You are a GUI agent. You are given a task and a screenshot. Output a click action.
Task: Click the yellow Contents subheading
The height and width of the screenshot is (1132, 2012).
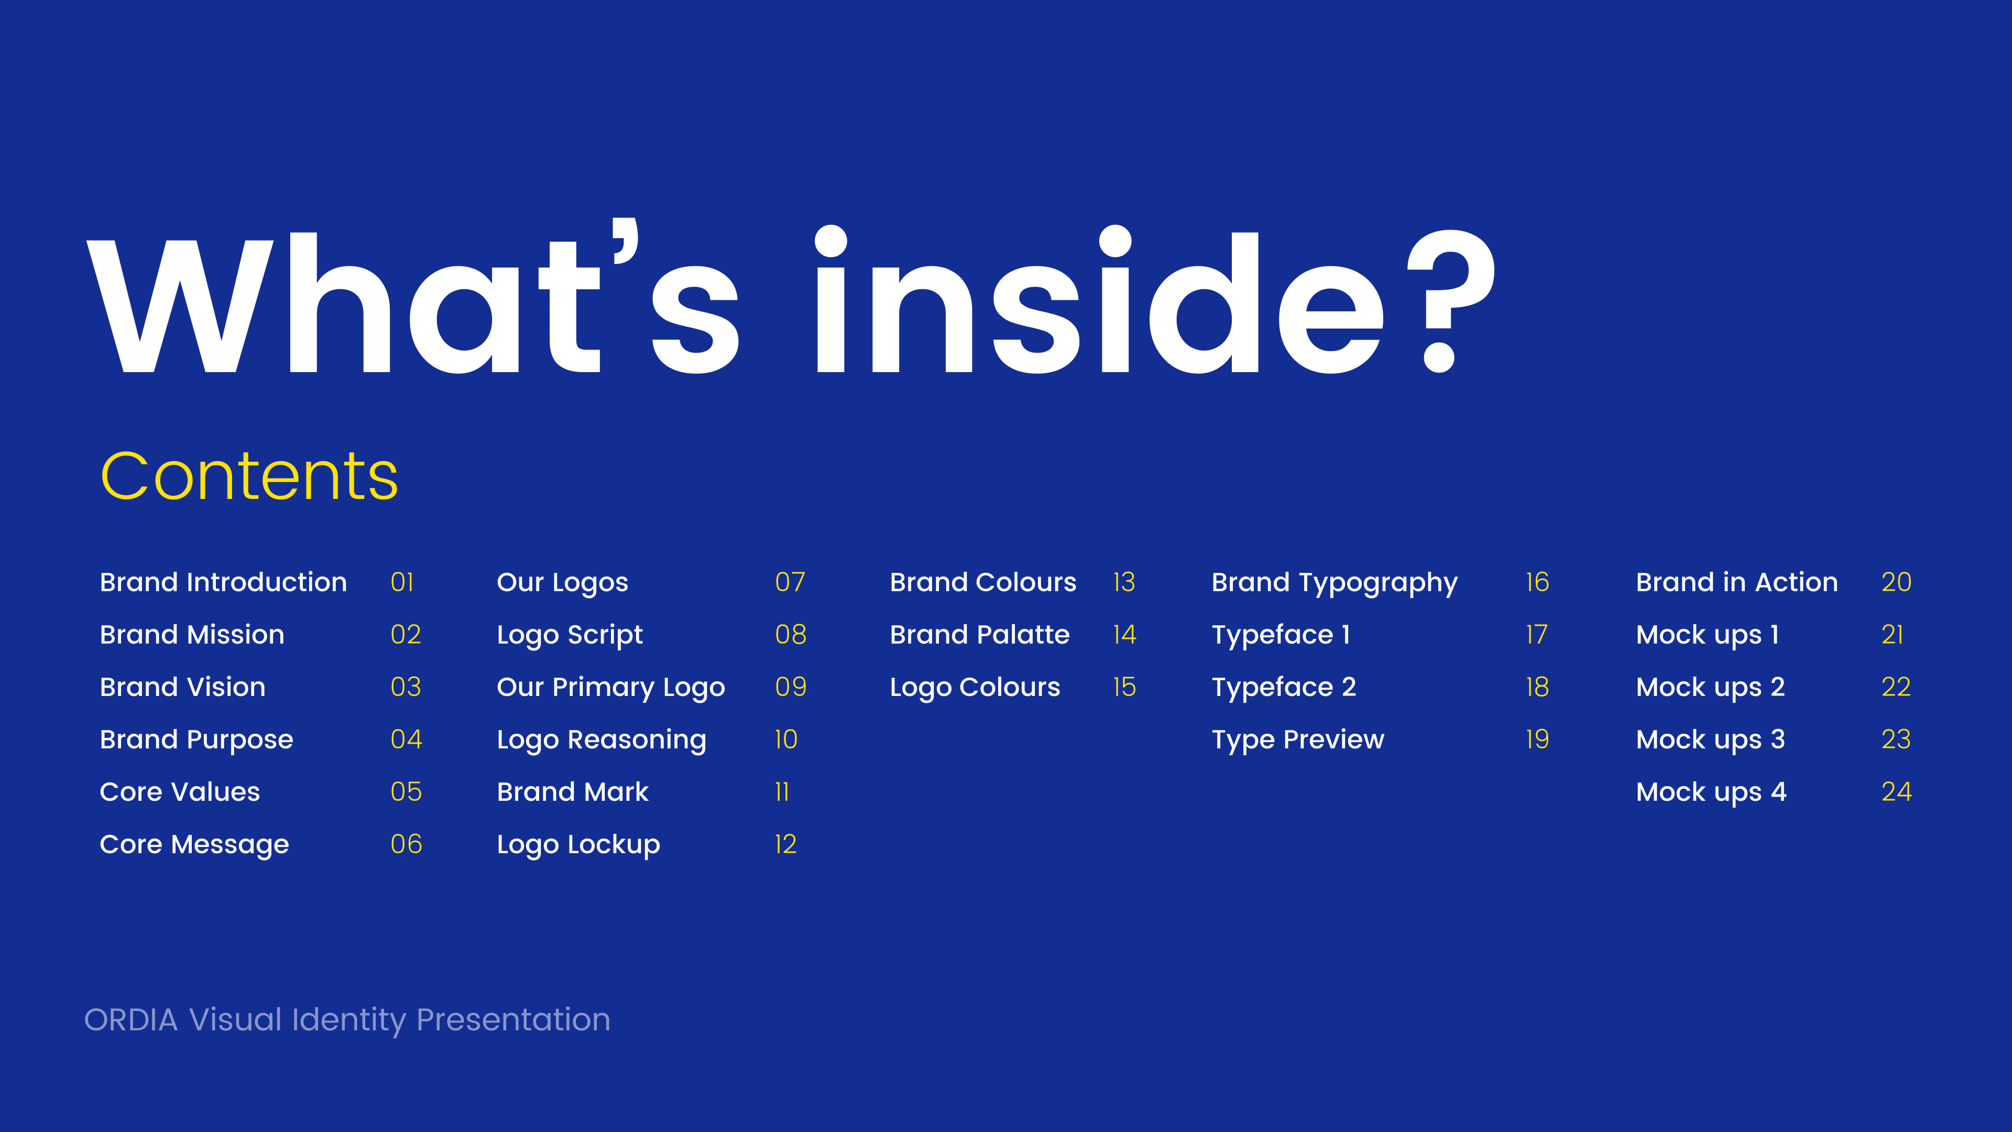(x=249, y=476)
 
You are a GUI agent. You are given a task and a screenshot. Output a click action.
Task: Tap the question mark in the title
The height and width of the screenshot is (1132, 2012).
(x=1451, y=301)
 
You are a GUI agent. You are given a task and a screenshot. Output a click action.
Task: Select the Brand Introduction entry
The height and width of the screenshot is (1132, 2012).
(x=223, y=582)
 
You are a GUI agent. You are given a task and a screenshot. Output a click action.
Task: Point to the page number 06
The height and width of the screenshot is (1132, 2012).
(x=406, y=844)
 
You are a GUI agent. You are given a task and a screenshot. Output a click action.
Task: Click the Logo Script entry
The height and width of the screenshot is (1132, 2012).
(x=570, y=635)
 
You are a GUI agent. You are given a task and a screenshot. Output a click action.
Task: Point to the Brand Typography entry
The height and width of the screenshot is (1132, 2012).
(x=1334, y=583)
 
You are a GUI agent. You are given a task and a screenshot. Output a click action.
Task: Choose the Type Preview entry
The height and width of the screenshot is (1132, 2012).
(x=1297, y=740)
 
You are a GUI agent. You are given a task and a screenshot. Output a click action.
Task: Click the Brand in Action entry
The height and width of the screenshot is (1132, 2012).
(x=1736, y=582)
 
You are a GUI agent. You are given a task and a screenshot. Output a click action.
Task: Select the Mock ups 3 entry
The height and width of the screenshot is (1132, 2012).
(x=1711, y=740)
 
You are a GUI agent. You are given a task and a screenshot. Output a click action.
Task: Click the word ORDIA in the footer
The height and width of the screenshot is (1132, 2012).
(x=130, y=1020)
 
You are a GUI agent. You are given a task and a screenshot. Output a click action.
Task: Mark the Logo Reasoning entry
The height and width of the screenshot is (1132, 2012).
(x=602, y=740)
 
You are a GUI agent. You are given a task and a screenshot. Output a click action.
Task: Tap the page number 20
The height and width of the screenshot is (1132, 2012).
(x=1896, y=582)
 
